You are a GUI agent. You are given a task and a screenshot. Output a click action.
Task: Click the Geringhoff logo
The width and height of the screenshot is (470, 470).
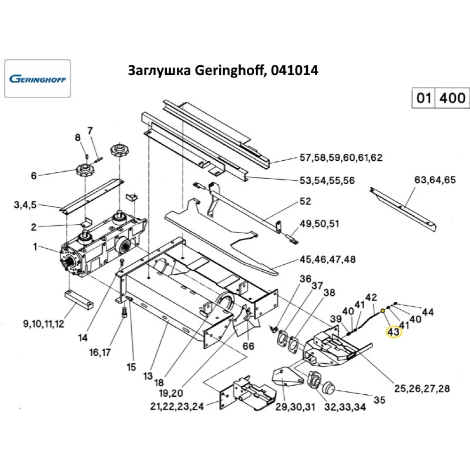[38, 78]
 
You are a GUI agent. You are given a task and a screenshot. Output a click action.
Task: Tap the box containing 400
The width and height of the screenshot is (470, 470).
[453, 98]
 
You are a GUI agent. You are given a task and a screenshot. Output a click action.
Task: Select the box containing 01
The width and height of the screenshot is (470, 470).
[423, 98]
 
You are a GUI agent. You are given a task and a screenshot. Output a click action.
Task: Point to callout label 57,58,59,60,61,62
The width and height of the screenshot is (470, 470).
[341, 158]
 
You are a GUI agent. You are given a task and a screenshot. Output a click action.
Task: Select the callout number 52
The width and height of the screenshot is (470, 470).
[305, 202]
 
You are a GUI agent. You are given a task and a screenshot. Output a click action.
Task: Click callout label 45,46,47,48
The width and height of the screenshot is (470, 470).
[328, 259]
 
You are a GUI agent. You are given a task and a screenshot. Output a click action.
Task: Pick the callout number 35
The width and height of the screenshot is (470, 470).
[379, 400]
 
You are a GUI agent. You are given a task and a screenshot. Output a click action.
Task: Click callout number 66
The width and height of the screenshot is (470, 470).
[248, 346]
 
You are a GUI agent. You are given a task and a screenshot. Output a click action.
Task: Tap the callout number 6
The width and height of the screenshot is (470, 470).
[33, 176]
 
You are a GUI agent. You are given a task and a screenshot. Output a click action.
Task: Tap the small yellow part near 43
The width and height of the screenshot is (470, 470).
[383, 311]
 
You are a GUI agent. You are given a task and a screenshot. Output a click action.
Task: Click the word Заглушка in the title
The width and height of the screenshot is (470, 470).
[159, 70]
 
